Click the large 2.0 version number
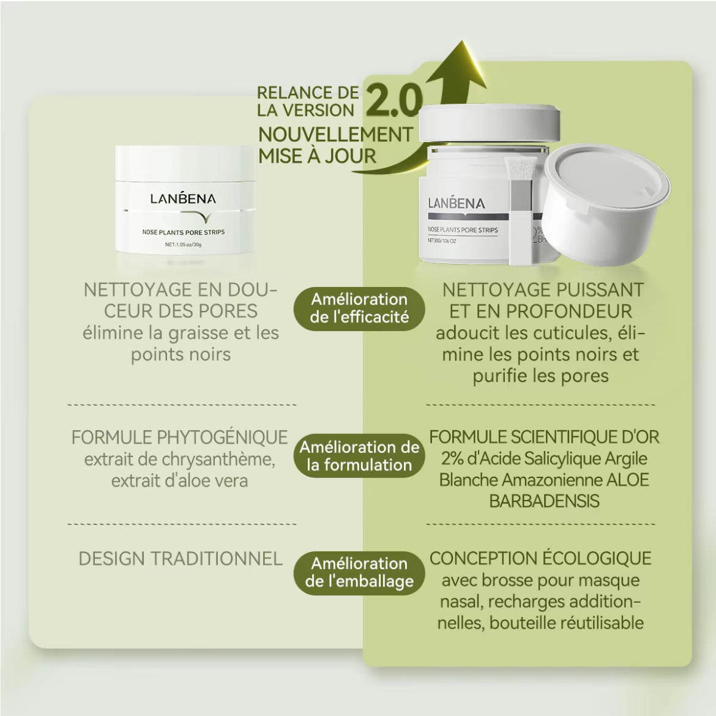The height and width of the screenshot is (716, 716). [393, 100]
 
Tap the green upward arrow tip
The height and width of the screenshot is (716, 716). [463, 41]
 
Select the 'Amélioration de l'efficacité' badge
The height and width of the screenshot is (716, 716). [359, 308]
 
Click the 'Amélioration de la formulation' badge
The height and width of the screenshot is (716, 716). [359, 456]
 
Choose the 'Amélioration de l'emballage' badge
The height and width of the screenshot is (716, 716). [359, 573]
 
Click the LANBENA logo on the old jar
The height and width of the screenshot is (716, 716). [183, 198]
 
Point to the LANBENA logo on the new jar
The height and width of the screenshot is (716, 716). [456, 203]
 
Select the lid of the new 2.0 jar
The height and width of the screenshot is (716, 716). [490, 122]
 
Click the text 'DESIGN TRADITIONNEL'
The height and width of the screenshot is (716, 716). [181, 559]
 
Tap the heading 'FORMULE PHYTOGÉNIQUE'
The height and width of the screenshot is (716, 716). [179, 438]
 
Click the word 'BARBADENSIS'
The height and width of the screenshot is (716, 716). [544, 501]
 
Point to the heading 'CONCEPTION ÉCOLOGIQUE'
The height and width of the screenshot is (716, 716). [540, 559]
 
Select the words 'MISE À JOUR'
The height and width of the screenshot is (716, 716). [317, 156]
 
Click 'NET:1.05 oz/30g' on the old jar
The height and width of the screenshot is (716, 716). [183, 245]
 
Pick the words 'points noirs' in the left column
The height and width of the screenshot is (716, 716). [181, 355]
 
